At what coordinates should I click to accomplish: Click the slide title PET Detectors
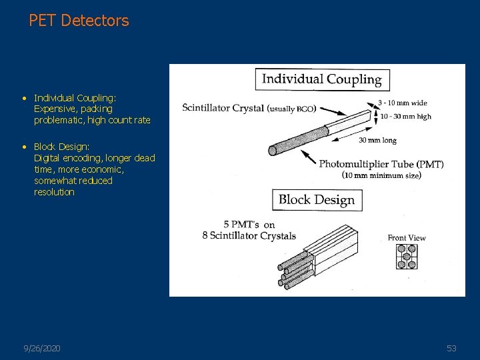pyautogui.click(x=79, y=21)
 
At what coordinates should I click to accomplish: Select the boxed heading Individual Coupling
pyautogui.click(x=322, y=79)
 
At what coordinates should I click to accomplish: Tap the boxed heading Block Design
pyautogui.click(x=317, y=199)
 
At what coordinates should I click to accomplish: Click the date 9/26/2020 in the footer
pyautogui.click(x=42, y=349)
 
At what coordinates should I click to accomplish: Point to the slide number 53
pyautogui.click(x=451, y=349)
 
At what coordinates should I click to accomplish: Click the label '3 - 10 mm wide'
pyautogui.click(x=402, y=103)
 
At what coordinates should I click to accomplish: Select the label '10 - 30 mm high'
pyautogui.click(x=405, y=116)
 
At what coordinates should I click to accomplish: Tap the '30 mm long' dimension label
pyautogui.click(x=377, y=140)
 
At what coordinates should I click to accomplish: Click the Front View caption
pyautogui.click(x=407, y=238)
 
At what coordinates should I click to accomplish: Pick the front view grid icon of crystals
pyautogui.click(x=407, y=256)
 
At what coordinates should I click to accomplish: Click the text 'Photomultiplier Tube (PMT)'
pyautogui.click(x=381, y=164)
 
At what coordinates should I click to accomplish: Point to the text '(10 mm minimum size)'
pyautogui.click(x=382, y=175)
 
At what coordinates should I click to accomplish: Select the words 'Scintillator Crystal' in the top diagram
pyautogui.click(x=223, y=108)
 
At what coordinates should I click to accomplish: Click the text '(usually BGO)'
pyautogui.click(x=292, y=109)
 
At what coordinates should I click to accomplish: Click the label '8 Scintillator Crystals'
pyautogui.click(x=249, y=236)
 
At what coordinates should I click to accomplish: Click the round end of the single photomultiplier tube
pyautogui.click(x=272, y=151)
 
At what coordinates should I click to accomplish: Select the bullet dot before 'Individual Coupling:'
pyautogui.click(x=24, y=98)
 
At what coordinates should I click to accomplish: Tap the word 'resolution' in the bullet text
pyautogui.click(x=54, y=192)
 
